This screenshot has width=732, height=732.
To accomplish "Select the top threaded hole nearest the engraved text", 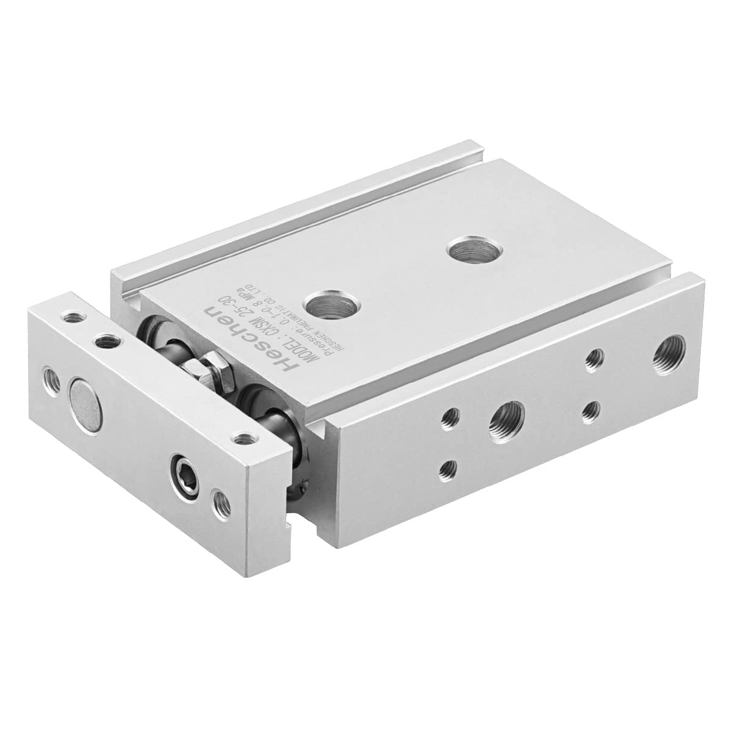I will click(324, 301).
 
